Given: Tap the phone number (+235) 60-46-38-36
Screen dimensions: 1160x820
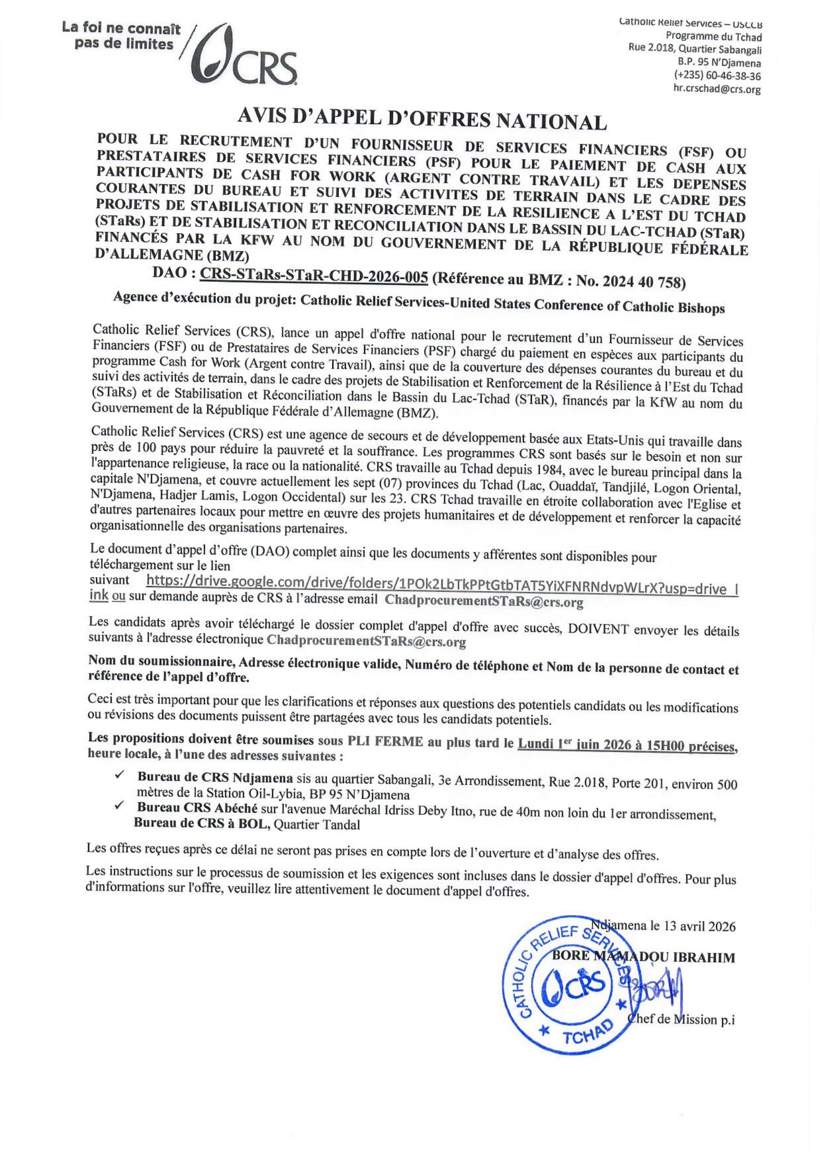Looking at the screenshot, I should coord(717,76).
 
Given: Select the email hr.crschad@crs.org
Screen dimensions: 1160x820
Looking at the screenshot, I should coord(717,89).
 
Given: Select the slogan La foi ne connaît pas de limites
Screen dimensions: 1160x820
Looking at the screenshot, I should coord(121,36).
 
